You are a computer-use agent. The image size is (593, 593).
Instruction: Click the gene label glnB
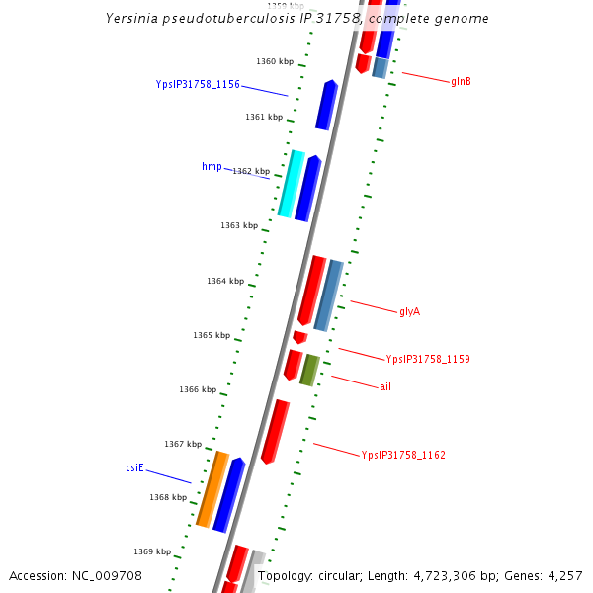point(461,81)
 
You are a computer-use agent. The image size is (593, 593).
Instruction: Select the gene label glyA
point(410,311)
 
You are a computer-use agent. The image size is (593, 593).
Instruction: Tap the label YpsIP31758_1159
point(428,359)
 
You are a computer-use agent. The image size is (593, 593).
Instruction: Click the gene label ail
point(385,386)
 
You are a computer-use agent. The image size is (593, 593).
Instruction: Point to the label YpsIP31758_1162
point(403,455)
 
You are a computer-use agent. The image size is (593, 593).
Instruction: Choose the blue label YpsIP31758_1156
point(198,84)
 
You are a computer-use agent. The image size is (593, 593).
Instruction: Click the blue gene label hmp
point(212,166)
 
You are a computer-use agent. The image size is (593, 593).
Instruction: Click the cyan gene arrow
point(291,183)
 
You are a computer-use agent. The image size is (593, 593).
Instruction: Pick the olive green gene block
point(309,370)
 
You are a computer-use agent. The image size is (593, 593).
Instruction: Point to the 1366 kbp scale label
point(198,389)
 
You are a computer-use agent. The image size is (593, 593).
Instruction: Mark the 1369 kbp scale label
point(152,551)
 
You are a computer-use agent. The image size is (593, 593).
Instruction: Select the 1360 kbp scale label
point(275,61)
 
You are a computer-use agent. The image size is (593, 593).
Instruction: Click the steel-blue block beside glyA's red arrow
point(328,295)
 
